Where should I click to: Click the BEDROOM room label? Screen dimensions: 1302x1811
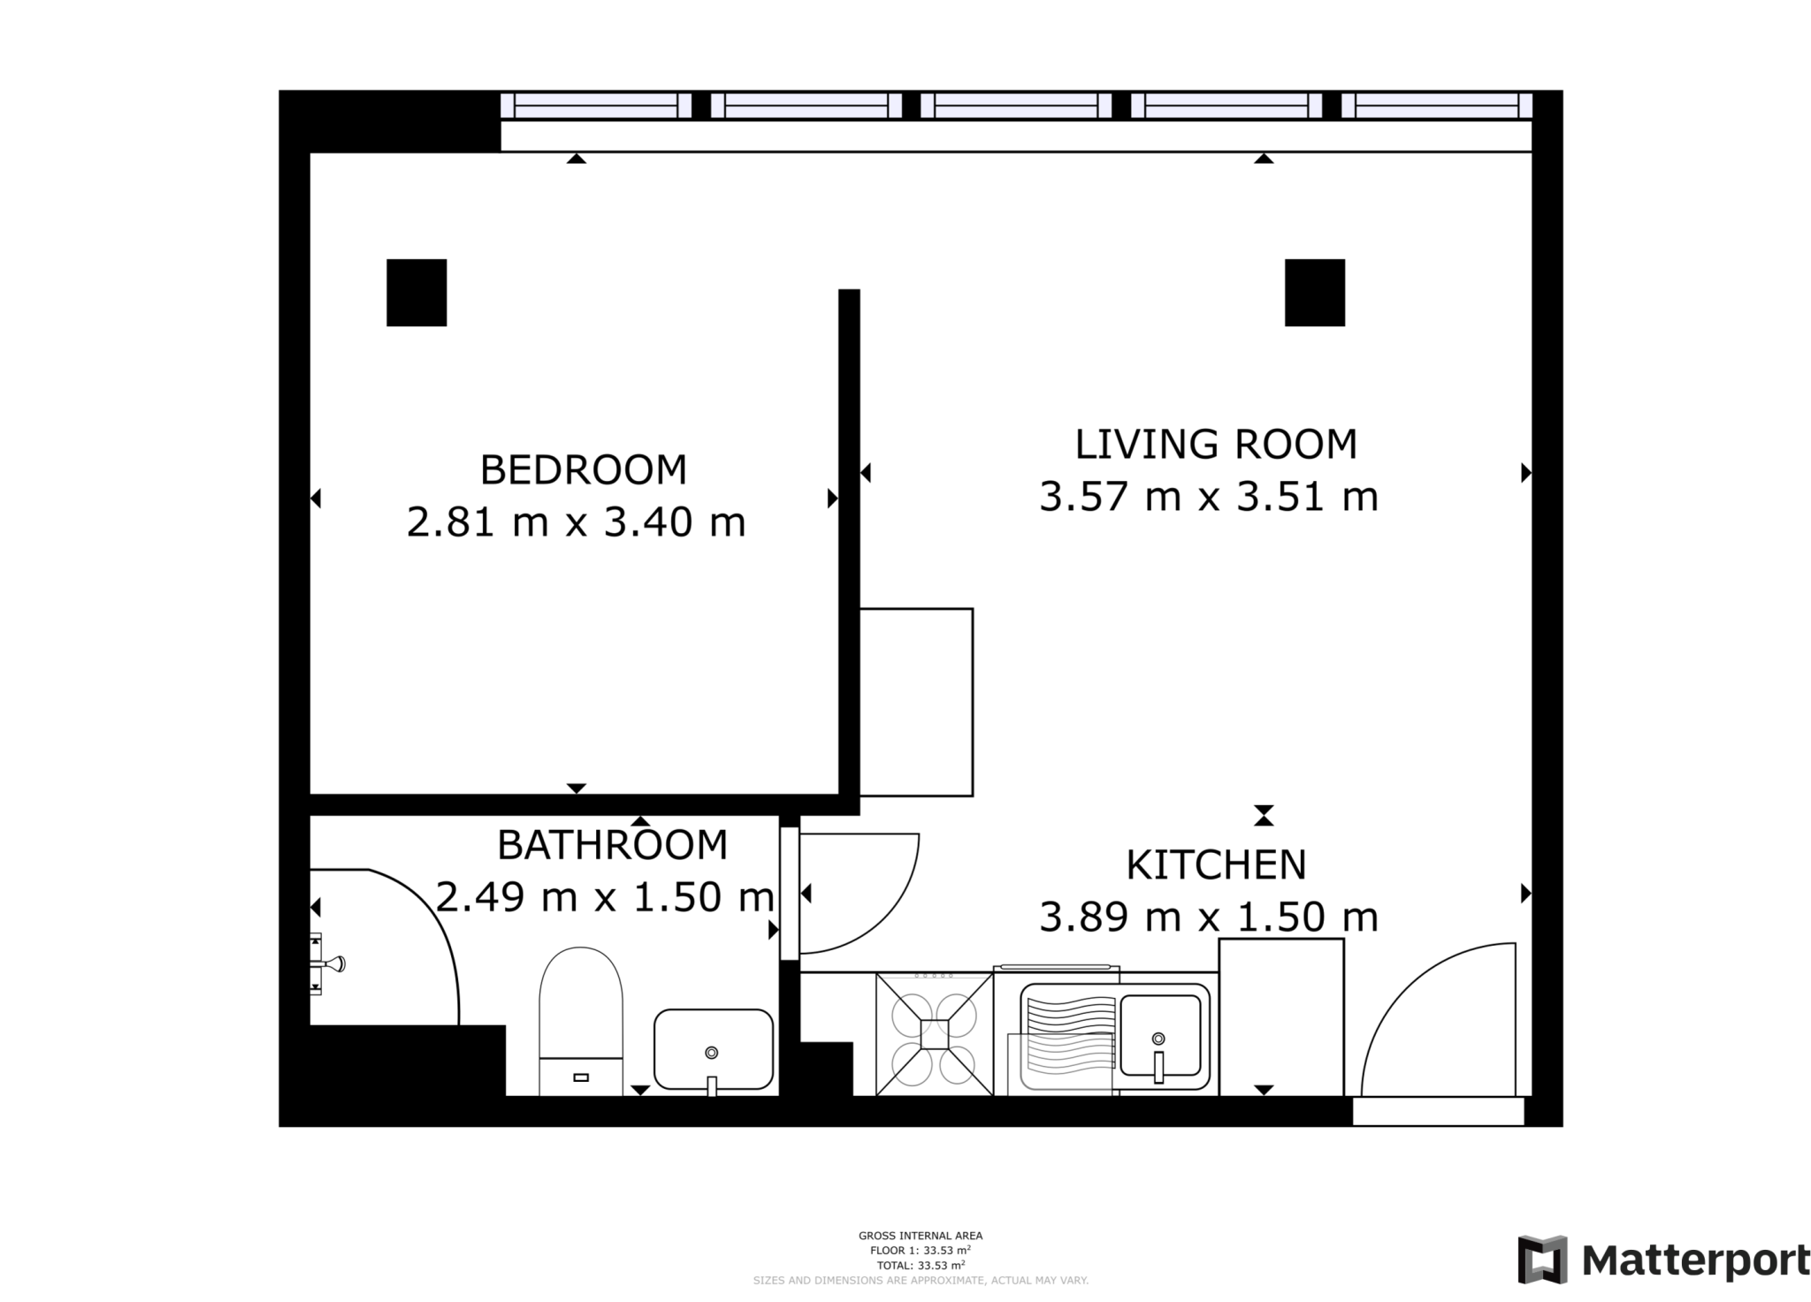[583, 469]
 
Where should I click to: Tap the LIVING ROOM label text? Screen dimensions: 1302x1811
[1215, 444]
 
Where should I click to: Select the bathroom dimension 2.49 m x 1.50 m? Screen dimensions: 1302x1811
[605, 897]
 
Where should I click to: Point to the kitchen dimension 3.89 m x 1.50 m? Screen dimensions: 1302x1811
[1208, 917]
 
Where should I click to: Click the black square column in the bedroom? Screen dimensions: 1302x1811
[416, 293]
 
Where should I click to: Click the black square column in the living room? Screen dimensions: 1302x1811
[1314, 293]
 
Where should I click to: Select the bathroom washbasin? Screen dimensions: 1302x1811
[713, 1049]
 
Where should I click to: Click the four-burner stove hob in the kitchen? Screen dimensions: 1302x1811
[934, 1033]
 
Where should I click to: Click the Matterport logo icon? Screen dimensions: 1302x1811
[1542, 1260]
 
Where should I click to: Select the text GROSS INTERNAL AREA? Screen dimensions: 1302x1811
[920, 1236]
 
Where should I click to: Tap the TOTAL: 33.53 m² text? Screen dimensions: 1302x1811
[920, 1265]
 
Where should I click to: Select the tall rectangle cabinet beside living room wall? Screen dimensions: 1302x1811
[916, 702]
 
